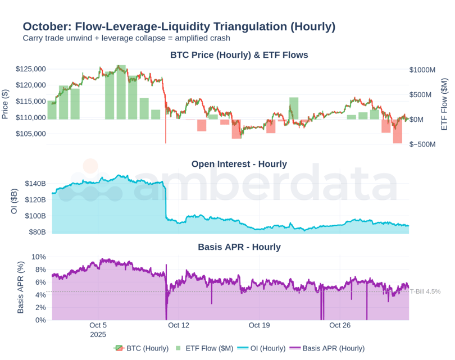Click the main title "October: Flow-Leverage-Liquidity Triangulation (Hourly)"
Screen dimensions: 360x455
pyautogui.click(x=179, y=26)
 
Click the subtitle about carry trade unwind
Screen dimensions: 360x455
pyautogui.click(x=126, y=38)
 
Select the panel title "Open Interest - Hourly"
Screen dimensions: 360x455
pyautogui.click(x=239, y=164)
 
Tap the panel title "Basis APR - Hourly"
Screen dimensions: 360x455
pyautogui.click(x=239, y=247)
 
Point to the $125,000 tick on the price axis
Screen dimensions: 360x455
pyautogui.click(x=30, y=69)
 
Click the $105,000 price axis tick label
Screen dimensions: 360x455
pyautogui.click(x=30, y=134)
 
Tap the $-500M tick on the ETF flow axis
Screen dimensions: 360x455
pyautogui.click(x=422, y=144)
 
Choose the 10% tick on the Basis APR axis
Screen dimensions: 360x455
pyautogui.click(x=38, y=257)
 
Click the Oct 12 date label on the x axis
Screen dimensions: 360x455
pyautogui.click(x=179, y=325)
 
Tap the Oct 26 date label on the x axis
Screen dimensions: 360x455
pyautogui.click(x=340, y=325)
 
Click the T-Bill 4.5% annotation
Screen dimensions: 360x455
pyautogui.click(x=425, y=291)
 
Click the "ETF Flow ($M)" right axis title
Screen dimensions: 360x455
pyautogui.click(x=444, y=104)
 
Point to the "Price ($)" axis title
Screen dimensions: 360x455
pyautogui.click(x=6, y=104)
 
